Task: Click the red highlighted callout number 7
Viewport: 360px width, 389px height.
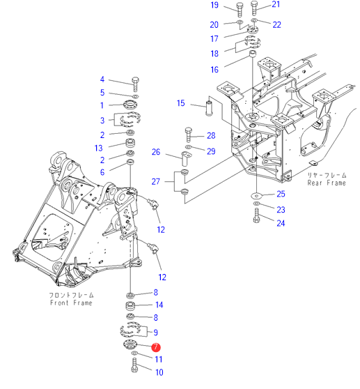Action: (x=155, y=347)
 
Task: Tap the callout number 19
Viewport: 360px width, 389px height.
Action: (x=214, y=5)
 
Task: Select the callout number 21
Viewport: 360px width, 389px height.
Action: (x=276, y=4)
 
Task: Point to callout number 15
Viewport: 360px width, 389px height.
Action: (x=181, y=103)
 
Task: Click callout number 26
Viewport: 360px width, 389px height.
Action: (x=156, y=152)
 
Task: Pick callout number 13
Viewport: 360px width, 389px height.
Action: (x=99, y=148)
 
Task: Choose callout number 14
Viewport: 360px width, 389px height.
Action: (x=159, y=305)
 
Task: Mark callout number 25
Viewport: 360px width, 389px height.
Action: (x=281, y=194)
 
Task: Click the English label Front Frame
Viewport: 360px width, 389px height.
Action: (x=71, y=303)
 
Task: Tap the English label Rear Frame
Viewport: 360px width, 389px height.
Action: (x=327, y=183)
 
